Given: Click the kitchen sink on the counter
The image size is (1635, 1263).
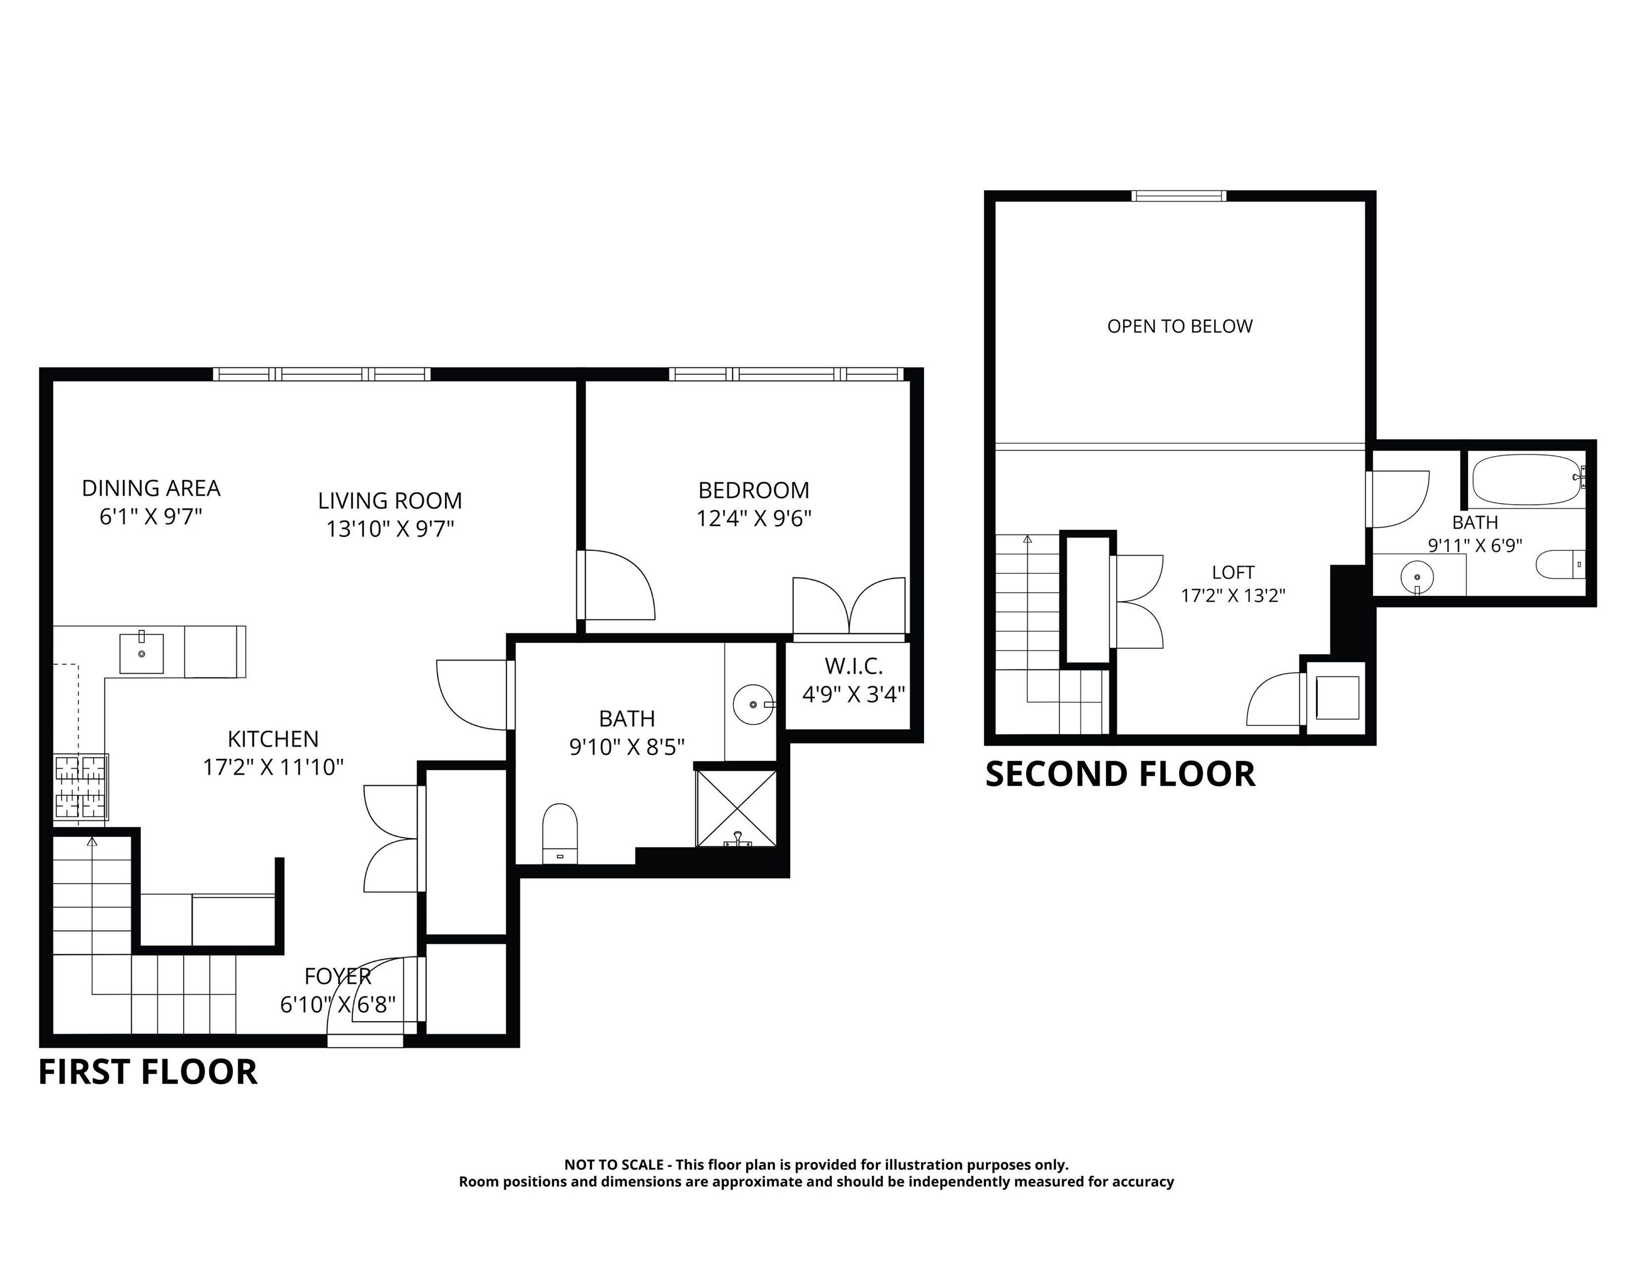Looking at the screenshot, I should point(142,653).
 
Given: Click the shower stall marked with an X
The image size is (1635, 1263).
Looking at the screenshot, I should point(737,808).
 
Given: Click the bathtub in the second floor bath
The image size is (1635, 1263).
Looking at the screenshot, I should point(1526,480).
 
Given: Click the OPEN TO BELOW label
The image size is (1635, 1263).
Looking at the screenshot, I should point(1179,326).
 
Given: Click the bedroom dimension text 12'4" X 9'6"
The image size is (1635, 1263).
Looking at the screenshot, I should point(753,519).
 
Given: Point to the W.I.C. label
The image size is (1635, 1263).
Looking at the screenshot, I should point(853,666).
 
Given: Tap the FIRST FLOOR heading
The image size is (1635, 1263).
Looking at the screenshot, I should point(148,1072).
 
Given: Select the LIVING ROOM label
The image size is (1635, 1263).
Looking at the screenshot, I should point(389,500).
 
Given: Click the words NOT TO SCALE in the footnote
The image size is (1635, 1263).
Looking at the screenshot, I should point(613,1165).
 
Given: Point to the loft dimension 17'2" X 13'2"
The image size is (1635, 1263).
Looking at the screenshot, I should point(1232,595).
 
